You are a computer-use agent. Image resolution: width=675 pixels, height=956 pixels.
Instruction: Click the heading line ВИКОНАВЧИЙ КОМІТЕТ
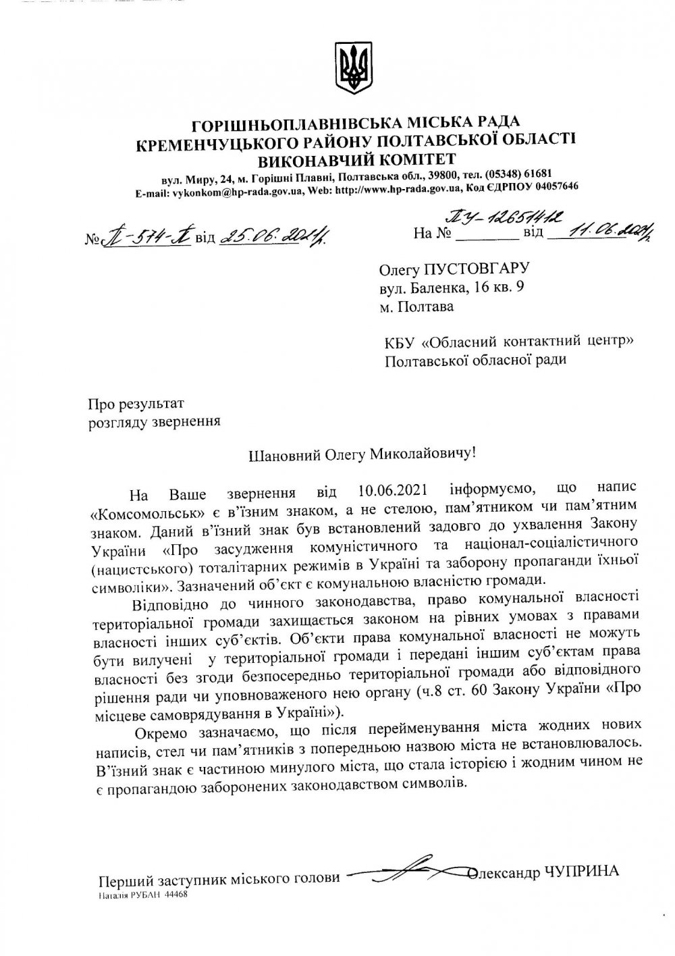pos(356,159)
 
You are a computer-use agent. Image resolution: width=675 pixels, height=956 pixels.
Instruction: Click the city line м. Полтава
pos(416,307)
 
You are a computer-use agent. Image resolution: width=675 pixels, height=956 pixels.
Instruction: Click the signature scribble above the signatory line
pos(405,874)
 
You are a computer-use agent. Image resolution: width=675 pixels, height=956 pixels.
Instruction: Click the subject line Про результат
pos(136,404)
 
